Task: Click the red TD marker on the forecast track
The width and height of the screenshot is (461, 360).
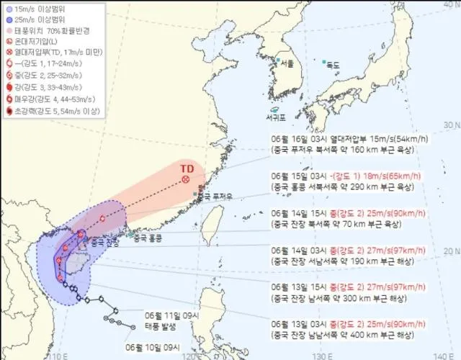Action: click(x=186, y=179)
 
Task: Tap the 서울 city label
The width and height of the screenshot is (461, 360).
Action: click(x=287, y=64)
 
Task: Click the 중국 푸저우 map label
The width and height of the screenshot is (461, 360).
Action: click(x=214, y=196)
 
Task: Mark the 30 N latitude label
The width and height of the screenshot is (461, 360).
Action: click(x=452, y=125)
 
